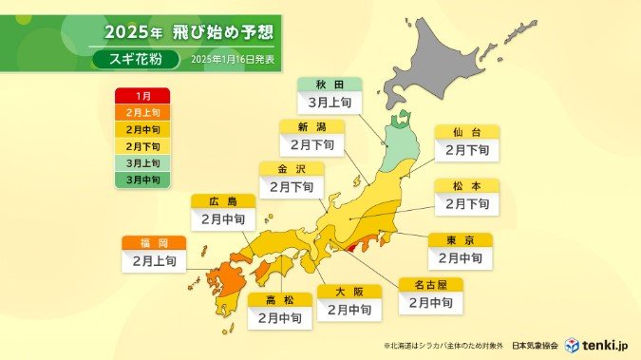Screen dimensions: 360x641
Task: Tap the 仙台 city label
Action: click(466, 132)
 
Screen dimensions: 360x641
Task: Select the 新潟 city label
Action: click(311, 126)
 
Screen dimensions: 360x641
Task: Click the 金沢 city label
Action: click(291, 168)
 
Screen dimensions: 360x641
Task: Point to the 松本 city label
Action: click(466, 186)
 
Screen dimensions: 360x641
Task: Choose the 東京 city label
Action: click(460, 240)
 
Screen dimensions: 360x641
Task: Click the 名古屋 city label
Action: click(430, 284)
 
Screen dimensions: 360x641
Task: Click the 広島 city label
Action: click(222, 201)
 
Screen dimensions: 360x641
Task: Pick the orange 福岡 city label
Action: click(153, 242)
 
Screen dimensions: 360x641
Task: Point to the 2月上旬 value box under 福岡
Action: click(153, 260)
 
